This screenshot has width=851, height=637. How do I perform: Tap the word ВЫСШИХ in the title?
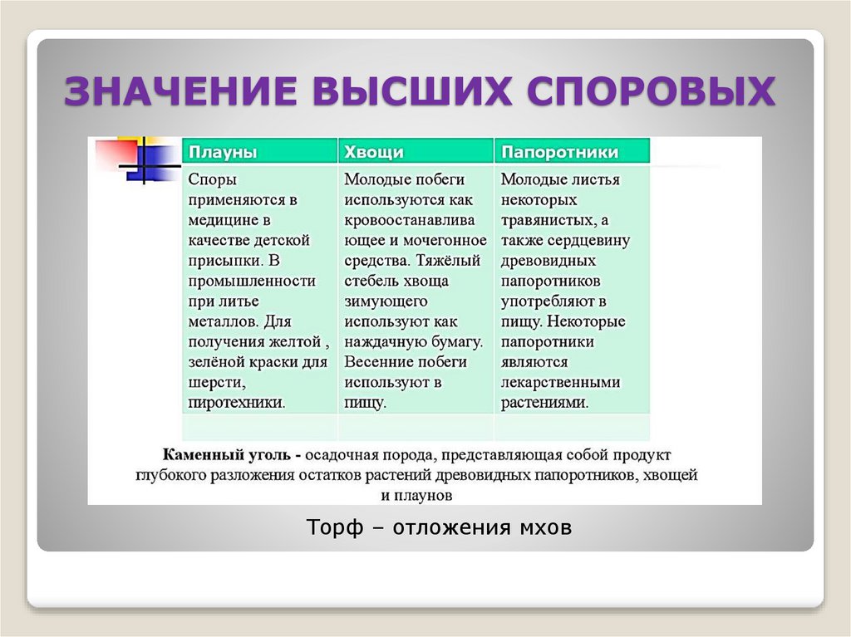click(391, 91)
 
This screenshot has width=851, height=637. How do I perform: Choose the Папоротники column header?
click(560, 153)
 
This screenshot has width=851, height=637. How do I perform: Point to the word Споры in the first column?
click(212, 179)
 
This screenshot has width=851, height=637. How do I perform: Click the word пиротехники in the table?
click(237, 403)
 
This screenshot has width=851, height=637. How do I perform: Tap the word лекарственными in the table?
click(560, 382)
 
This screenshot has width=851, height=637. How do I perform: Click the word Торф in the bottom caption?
click(334, 528)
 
